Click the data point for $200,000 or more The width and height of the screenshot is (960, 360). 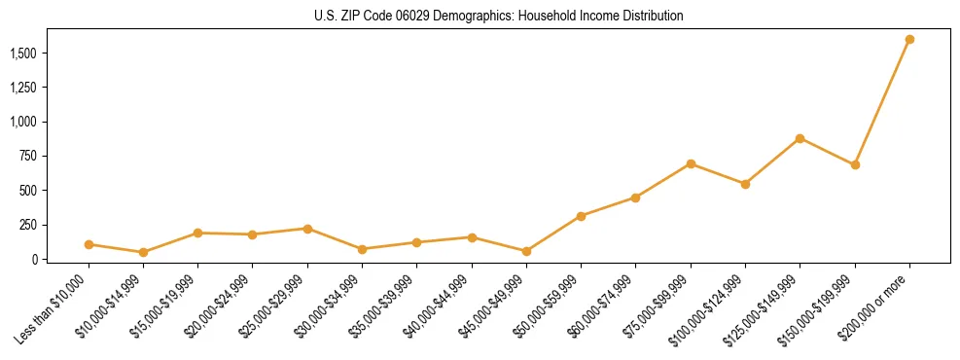click(x=909, y=39)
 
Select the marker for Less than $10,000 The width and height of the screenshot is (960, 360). click(x=89, y=244)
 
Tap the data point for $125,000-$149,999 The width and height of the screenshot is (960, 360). click(x=800, y=138)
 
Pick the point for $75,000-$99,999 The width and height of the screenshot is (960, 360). click(x=691, y=163)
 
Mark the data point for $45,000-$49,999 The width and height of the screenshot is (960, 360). click(x=526, y=251)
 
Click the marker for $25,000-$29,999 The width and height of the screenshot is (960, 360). click(x=307, y=229)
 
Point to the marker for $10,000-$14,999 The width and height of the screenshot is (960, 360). click(x=143, y=252)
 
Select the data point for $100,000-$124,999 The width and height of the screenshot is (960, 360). click(x=745, y=184)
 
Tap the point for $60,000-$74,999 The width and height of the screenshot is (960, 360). click(x=635, y=198)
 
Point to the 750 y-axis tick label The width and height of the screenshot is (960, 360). click(x=32, y=156)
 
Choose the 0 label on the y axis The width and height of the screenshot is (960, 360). click(x=40, y=260)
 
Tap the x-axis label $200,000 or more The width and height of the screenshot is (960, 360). click(x=882, y=303)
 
